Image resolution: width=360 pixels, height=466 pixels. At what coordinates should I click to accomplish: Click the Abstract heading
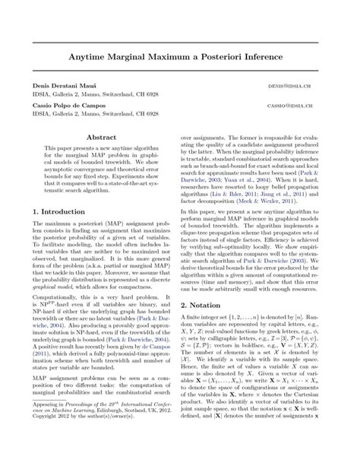pyautogui.click(x=102, y=138)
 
